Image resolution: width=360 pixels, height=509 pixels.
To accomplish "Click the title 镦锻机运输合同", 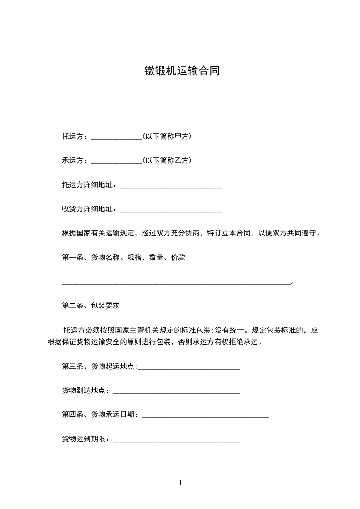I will point(182,71).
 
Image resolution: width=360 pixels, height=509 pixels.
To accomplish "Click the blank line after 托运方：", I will point(117,137).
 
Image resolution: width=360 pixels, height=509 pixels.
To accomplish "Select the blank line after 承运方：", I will point(117,161).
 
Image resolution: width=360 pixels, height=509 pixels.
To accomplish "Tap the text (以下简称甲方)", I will point(167,136).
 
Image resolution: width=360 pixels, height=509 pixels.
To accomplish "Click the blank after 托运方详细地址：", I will point(170,185).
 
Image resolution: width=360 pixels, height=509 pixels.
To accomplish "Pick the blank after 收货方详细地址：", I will point(170,210).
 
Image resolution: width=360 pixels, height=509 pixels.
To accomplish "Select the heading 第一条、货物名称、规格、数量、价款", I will point(123,258).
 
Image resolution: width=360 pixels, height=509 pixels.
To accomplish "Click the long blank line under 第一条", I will point(176,283).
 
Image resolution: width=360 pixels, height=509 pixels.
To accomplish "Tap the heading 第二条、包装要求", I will point(91,306).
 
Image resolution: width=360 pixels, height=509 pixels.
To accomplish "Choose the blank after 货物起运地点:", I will point(188,367).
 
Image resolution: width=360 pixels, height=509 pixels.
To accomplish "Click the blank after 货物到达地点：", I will point(176,391).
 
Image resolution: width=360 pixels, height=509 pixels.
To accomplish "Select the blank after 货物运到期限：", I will point(176,440).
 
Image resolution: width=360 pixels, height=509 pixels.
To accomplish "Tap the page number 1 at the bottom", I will point(180,483).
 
